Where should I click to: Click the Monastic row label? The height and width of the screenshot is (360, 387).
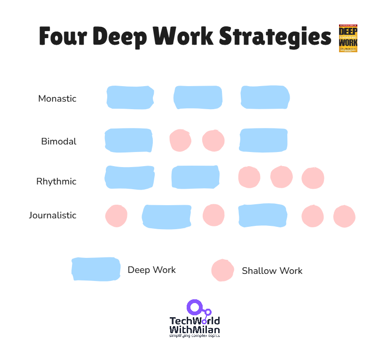(x=57, y=99)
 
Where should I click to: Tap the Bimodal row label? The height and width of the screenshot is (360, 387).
(x=58, y=141)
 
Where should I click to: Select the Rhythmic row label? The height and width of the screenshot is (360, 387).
(x=56, y=181)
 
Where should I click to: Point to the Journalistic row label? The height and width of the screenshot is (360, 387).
(x=52, y=215)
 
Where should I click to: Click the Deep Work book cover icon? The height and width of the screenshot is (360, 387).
(x=348, y=39)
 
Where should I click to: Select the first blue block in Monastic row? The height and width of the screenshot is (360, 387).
(x=130, y=97)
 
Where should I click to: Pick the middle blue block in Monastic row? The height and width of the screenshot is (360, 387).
(x=197, y=97)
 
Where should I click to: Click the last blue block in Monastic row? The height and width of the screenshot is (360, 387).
(x=265, y=97)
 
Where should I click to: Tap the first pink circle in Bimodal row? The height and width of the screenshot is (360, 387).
(x=180, y=140)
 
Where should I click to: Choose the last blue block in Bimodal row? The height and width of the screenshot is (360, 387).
(x=263, y=140)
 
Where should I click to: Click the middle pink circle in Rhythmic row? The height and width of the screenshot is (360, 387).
(x=281, y=177)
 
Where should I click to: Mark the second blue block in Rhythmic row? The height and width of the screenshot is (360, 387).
(x=195, y=177)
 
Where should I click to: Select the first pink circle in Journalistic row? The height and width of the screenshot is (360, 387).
(x=116, y=216)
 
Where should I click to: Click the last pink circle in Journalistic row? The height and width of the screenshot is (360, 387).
(x=344, y=216)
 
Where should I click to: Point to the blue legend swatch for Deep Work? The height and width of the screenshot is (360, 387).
(x=95, y=269)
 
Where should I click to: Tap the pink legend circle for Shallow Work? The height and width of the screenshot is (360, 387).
(x=222, y=270)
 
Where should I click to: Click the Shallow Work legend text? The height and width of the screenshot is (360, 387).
(x=272, y=271)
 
